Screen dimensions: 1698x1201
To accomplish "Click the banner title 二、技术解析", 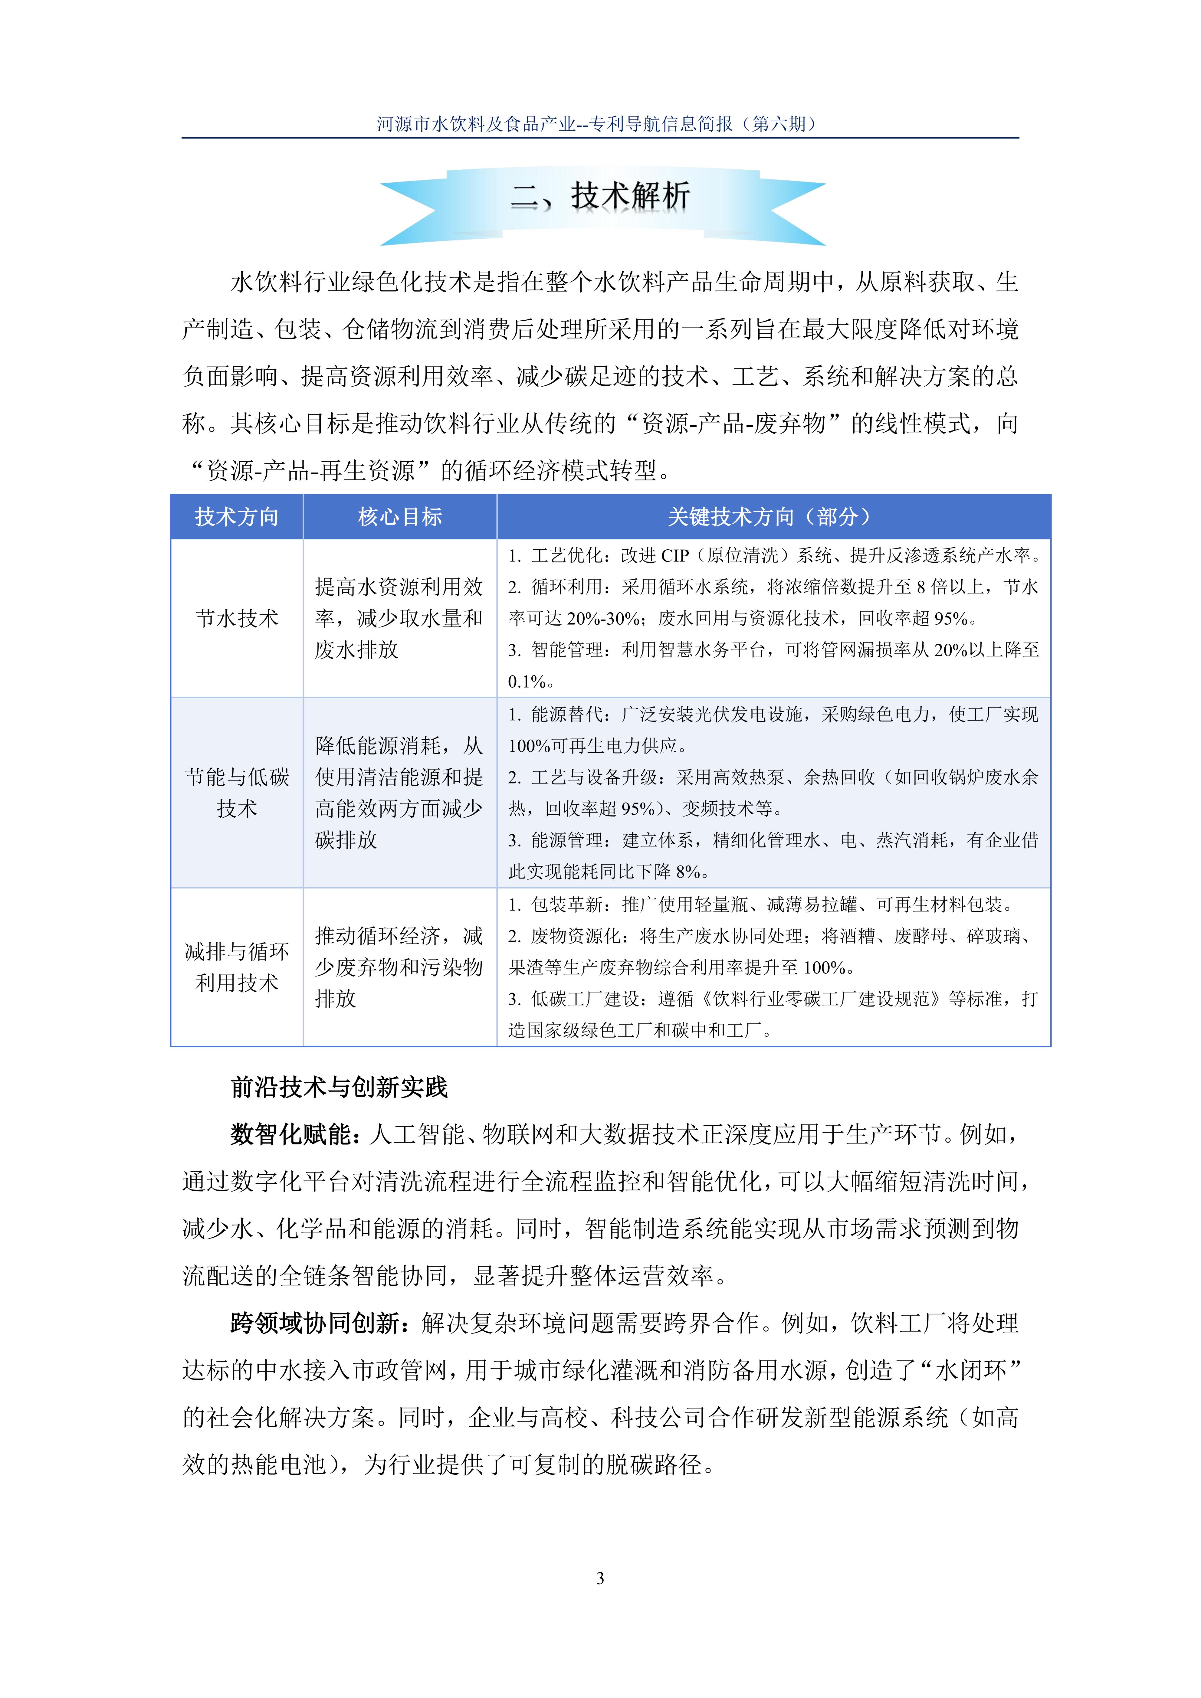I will pyautogui.click(x=600, y=197).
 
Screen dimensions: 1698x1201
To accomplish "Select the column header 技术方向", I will pyautogui.click(x=237, y=517).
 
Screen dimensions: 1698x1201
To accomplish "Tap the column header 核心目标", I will pyautogui.click(x=399, y=517).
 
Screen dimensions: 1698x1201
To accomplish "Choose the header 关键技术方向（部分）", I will pyautogui.click(x=773, y=517).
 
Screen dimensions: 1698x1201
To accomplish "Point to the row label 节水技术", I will pyautogui.click(x=237, y=618).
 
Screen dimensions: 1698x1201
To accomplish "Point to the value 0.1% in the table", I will pyautogui.click(x=526, y=681).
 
